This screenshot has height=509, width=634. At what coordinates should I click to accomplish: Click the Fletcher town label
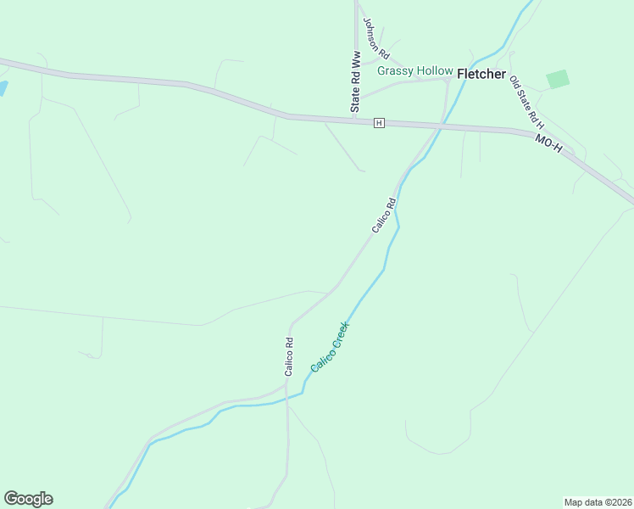pyautogui.click(x=481, y=75)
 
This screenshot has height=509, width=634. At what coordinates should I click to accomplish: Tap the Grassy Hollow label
pyautogui.click(x=415, y=71)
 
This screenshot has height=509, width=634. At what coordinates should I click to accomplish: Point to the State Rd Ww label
pyautogui.click(x=357, y=81)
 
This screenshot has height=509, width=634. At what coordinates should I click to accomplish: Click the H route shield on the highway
pyautogui.click(x=379, y=123)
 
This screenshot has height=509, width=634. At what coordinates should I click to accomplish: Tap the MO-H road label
pyautogui.click(x=548, y=142)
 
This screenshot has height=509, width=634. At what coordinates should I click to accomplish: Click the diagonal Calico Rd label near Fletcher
pyautogui.click(x=384, y=215)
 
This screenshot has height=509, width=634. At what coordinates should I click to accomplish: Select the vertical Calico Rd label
pyautogui.click(x=289, y=357)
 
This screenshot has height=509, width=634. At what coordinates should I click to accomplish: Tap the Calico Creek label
pyautogui.click(x=331, y=346)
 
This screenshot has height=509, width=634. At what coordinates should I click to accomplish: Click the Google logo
pyautogui.click(x=28, y=499)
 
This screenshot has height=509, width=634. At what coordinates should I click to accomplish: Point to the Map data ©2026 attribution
pyautogui.click(x=598, y=502)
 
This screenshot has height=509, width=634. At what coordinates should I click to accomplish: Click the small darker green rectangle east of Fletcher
pyautogui.click(x=558, y=79)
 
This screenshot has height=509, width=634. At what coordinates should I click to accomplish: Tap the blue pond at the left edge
pyautogui.click(x=3, y=87)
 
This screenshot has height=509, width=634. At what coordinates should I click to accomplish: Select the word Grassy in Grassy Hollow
pyautogui.click(x=393, y=71)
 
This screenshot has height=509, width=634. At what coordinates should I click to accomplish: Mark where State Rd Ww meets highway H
pyautogui.click(x=356, y=120)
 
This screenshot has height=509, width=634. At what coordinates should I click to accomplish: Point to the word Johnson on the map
pyautogui.click(x=370, y=31)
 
